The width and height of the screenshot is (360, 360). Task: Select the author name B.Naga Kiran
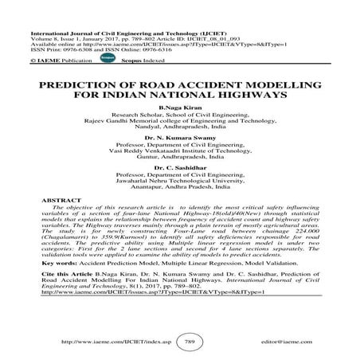point(180,116)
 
